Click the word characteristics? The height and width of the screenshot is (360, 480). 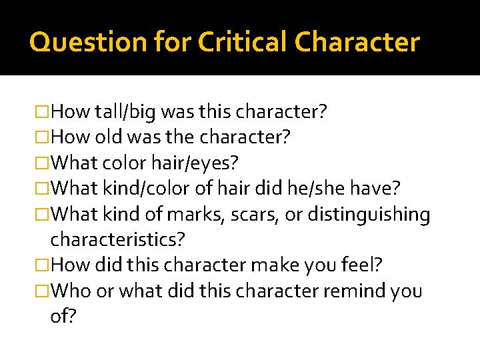pos(117,239)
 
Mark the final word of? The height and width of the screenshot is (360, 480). pos(63,316)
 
